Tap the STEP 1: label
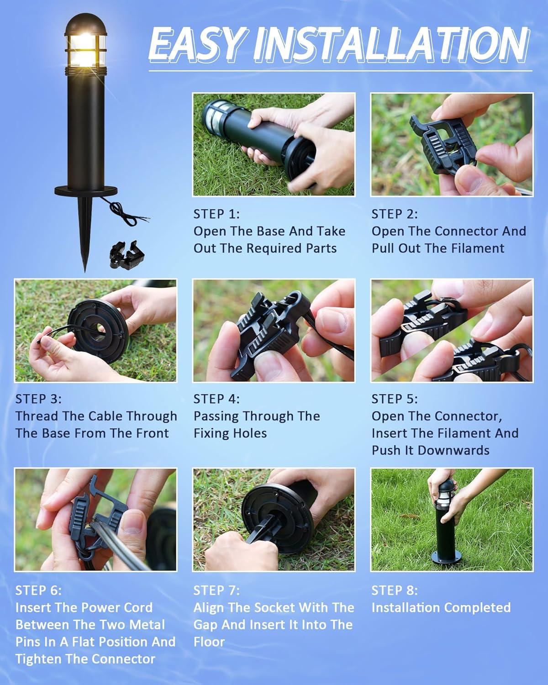click(x=216, y=214)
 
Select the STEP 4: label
click(x=216, y=399)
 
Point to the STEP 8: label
click(x=395, y=590)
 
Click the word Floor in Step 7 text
click(x=209, y=642)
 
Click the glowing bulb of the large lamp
click(x=84, y=48)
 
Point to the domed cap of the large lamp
click(x=85, y=24)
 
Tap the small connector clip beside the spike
click(x=127, y=255)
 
